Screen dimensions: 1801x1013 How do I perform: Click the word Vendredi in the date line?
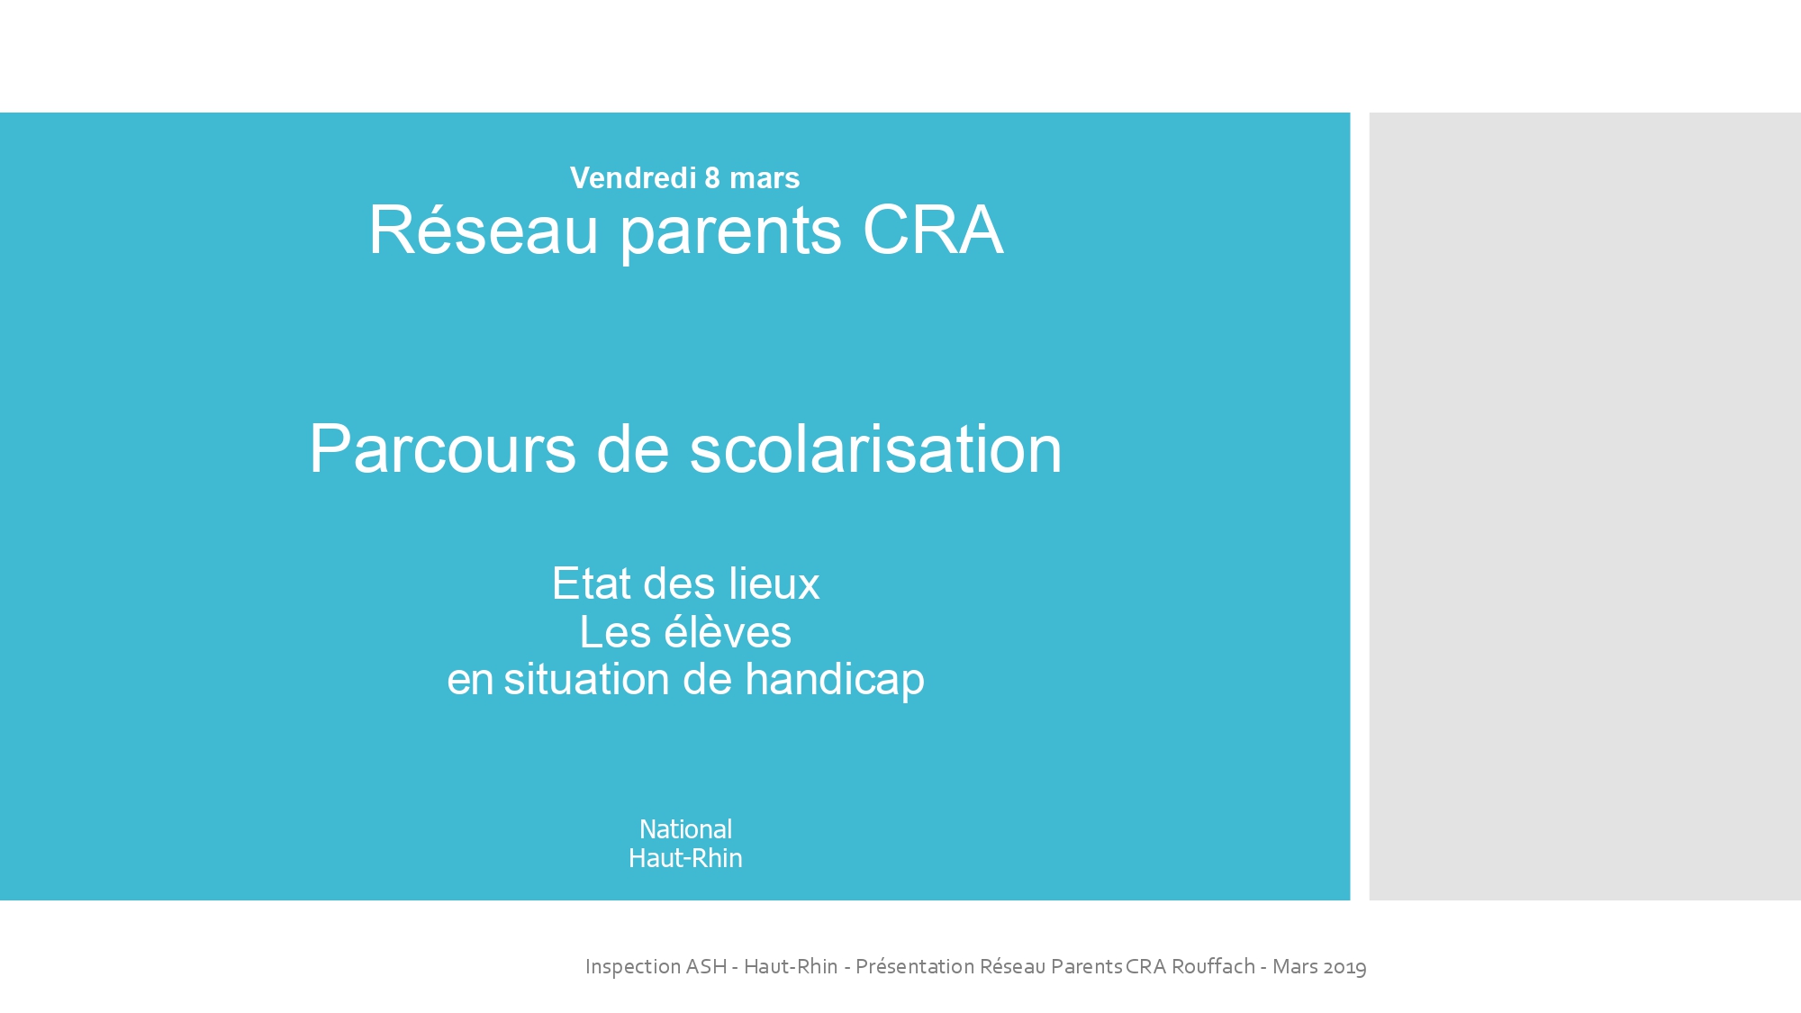[x=633, y=178]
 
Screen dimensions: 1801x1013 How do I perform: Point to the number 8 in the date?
[x=712, y=178]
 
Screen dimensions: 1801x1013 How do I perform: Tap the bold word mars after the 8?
[x=765, y=179]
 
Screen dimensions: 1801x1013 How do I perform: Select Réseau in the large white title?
[x=484, y=231]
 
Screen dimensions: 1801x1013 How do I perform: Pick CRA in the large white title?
[x=933, y=231]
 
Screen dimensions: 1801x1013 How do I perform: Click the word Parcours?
[x=442, y=448]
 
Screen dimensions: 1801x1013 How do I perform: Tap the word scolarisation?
[x=875, y=448]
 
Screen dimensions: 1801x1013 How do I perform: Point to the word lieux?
[x=781, y=583]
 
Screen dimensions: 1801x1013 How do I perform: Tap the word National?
[x=685, y=829]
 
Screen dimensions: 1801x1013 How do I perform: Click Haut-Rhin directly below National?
[x=685, y=858]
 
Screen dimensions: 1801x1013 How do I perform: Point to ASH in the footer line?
[x=707, y=966]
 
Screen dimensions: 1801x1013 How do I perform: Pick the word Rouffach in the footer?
[x=1213, y=966]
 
